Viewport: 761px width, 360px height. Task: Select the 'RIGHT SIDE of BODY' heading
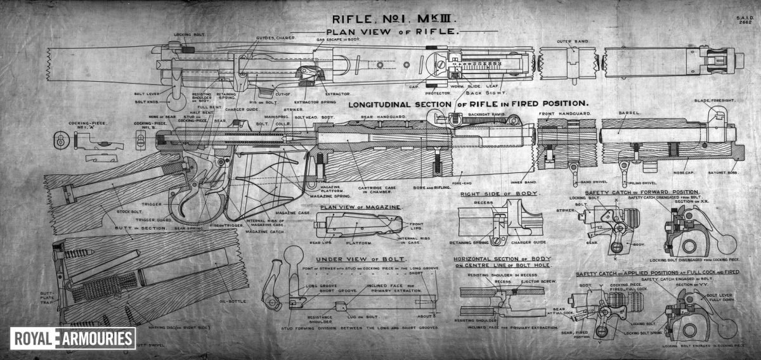click(x=498, y=194)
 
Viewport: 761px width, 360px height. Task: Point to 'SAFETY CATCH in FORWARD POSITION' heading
click(x=642, y=191)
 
